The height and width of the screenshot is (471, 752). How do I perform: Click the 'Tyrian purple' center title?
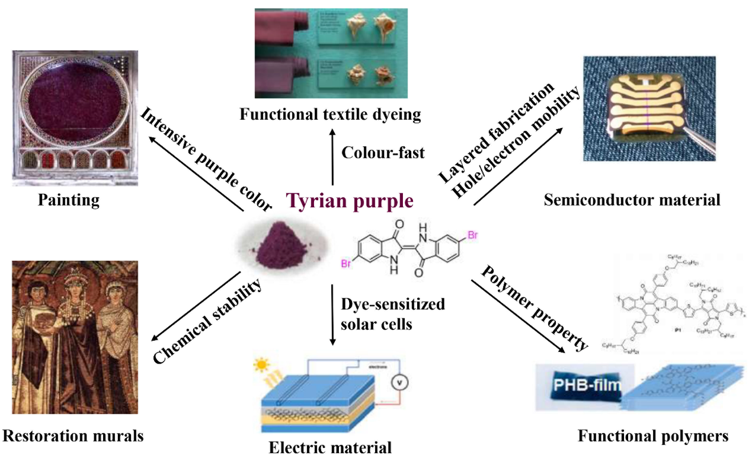click(x=350, y=201)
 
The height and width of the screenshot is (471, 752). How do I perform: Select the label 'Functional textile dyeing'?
click(x=330, y=114)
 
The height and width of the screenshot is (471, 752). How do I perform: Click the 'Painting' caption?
click(x=69, y=200)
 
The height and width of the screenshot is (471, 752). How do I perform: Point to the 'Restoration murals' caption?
click(x=73, y=437)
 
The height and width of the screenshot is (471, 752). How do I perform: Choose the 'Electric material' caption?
click(x=330, y=447)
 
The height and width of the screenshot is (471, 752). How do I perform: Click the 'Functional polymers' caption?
click(x=652, y=437)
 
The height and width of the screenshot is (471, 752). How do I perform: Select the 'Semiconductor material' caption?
click(x=632, y=200)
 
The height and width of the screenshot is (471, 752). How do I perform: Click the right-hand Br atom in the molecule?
click(x=472, y=236)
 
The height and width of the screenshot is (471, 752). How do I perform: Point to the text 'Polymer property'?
click(x=534, y=307)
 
